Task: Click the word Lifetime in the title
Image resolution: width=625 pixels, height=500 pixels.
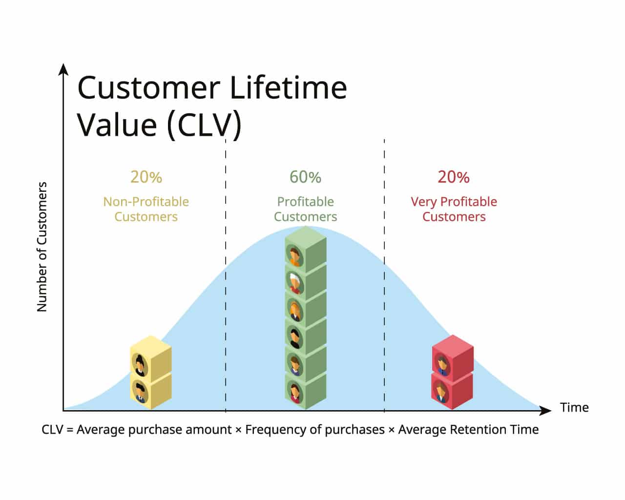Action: click(288, 88)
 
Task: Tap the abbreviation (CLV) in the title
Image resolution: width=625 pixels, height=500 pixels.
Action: click(204, 125)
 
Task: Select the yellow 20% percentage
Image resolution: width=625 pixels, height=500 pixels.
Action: click(146, 177)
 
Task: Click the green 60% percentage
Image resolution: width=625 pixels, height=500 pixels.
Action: click(305, 177)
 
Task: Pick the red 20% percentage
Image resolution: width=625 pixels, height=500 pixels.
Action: click(453, 177)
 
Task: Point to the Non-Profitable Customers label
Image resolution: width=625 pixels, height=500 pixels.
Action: click(146, 209)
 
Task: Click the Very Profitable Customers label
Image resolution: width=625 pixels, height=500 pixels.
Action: click(454, 209)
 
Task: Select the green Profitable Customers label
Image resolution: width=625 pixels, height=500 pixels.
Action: click(305, 209)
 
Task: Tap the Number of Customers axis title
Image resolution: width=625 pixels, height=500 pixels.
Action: click(42, 247)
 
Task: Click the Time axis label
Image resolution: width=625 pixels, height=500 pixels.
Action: click(574, 407)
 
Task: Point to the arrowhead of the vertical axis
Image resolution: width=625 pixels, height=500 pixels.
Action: click(63, 69)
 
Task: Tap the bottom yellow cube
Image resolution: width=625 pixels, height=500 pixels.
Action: click(151, 391)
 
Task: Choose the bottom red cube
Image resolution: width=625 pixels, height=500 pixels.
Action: click(453, 391)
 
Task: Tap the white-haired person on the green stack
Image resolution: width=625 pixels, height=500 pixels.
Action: click(294, 282)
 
